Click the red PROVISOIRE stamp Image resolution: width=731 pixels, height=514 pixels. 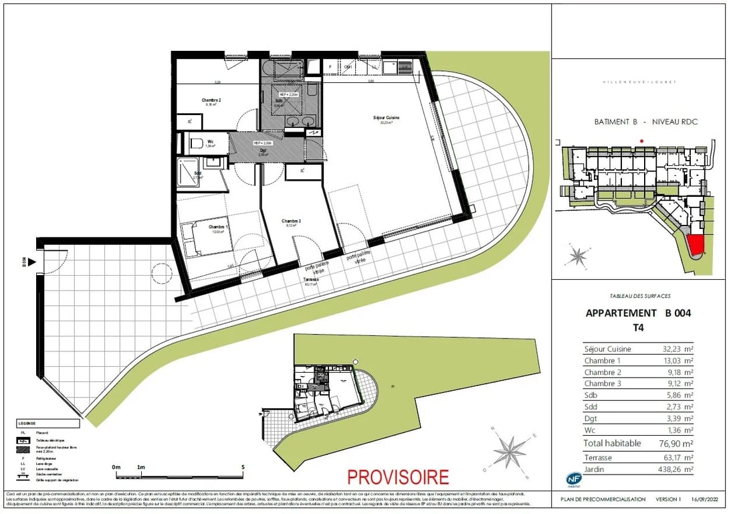point(397,477)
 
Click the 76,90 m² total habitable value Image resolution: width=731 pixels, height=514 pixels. point(673,443)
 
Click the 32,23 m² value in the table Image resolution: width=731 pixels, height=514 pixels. point(674,349)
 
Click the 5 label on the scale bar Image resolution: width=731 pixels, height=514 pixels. point(243,466)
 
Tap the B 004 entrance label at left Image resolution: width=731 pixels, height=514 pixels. point(23,262)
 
